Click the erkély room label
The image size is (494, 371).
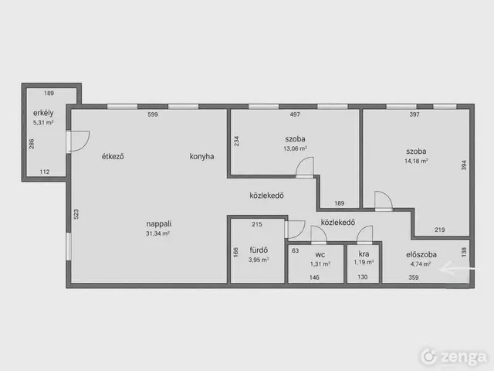pos(43,113)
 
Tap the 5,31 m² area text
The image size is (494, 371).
pos(43,122)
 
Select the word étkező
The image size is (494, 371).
pos(113,156)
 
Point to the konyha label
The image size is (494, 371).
pos(201,156)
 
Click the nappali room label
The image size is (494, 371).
pos(159,223)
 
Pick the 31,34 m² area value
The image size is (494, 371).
pos(157,233)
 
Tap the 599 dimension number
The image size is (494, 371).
pos(153,114)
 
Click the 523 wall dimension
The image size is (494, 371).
pos(76,214)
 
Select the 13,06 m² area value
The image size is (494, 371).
pos(295,148)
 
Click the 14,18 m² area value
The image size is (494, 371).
pos(416,161)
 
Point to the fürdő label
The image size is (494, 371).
pos(259,250)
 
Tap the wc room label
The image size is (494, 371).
pos(320,254)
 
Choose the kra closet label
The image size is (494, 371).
pos(364,254)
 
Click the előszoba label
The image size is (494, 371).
pos(421,254)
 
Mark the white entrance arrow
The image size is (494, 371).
pos(457,269)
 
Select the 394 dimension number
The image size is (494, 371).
pos(463,165)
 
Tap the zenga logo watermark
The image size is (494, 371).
pos(454,357)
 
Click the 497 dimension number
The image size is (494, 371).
pos(295,114)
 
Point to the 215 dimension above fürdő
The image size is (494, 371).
pos(257,224)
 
